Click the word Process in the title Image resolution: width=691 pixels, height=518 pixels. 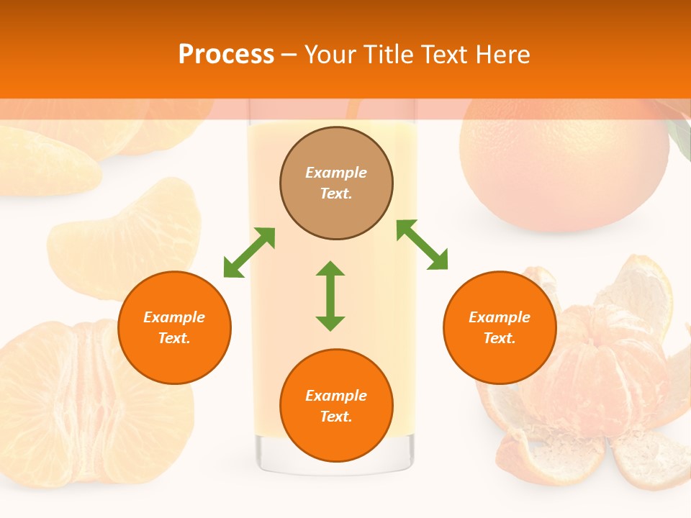click(x=226, y=55)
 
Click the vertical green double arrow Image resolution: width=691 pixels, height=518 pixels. click(x=330, y=296)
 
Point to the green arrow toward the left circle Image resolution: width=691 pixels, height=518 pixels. click(x=249, y=253)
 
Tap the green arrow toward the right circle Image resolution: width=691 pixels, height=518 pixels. click(x=422, y=245)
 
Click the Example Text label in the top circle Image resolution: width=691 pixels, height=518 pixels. click(x=336, y=183)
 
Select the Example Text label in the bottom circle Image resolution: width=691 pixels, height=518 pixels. click(x=336, y=406)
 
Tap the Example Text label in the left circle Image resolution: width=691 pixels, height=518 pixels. click(x=174, y=327)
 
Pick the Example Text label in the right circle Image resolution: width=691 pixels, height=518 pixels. click(x=500, y=327)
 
